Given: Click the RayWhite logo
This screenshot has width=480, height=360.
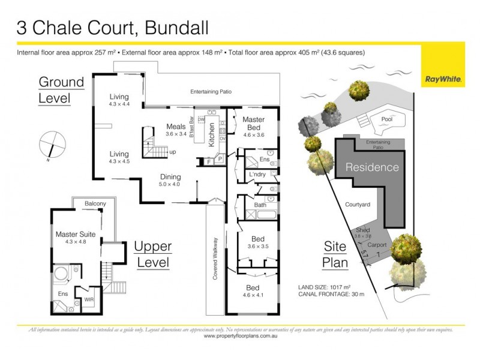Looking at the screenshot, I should pyautogui.click(x=442, y=79).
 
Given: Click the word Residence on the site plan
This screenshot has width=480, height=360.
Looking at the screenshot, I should pyautogui.click(x=371, y=167).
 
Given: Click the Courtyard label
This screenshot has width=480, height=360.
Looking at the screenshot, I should pyautogui.click(x=357, y=204).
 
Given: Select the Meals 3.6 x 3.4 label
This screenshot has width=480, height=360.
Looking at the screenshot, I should pyautogui.click(x=176, y=130).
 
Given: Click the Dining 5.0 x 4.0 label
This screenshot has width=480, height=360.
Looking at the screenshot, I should pyautogui.click(x=170, y=181).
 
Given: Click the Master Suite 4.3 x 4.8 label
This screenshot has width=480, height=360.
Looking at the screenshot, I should pyautogui.click(x=71, y=237).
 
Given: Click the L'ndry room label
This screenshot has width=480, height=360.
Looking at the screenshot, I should pyautogui.click(x=256, y=174).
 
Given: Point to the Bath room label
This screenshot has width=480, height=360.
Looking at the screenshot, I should pyautogui.click(x=260, y=205).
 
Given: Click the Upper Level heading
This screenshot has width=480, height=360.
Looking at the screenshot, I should pyautogui.click(x=152, y=254).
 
